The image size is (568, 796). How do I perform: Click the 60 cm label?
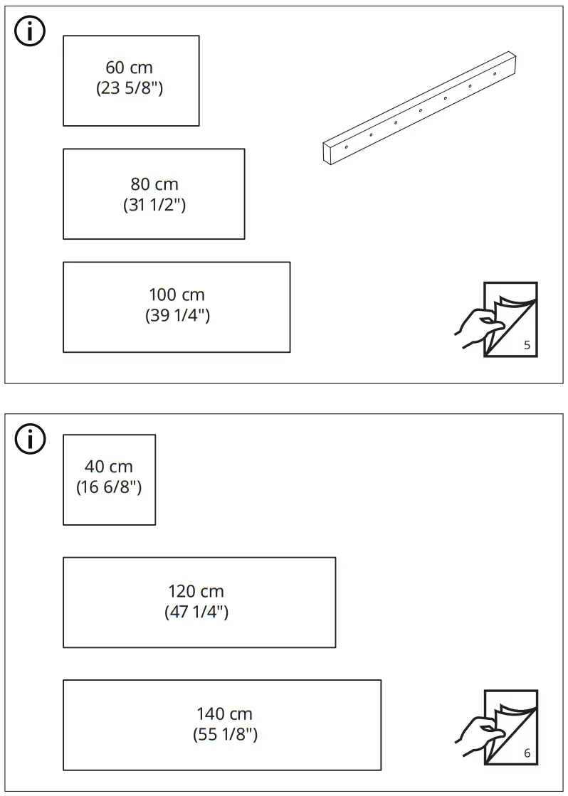point(129,68)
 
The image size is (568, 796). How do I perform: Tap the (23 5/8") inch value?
point(129,89)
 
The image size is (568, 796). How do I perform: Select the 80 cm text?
point(154,184)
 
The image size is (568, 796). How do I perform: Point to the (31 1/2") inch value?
point(154,206)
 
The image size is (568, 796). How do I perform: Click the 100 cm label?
point(177,294)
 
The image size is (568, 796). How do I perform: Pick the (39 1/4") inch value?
point(177,316)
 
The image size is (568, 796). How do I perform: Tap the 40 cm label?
point(109,467)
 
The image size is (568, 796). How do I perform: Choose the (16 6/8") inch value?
point(109,488)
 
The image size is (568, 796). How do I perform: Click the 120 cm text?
point(196,591)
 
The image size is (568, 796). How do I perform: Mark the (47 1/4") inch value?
point(196,612)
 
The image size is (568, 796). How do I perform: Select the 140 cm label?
point(224,713)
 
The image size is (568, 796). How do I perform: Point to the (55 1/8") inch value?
point(225,735)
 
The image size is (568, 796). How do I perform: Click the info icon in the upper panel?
point(30,32)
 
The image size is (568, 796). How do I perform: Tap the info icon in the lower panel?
point(30,439)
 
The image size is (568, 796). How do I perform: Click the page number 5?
point(527,346)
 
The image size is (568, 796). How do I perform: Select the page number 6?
point(527,753)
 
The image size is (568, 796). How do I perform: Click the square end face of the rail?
point(329,153)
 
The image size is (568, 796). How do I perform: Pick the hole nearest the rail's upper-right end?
point(495,73)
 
